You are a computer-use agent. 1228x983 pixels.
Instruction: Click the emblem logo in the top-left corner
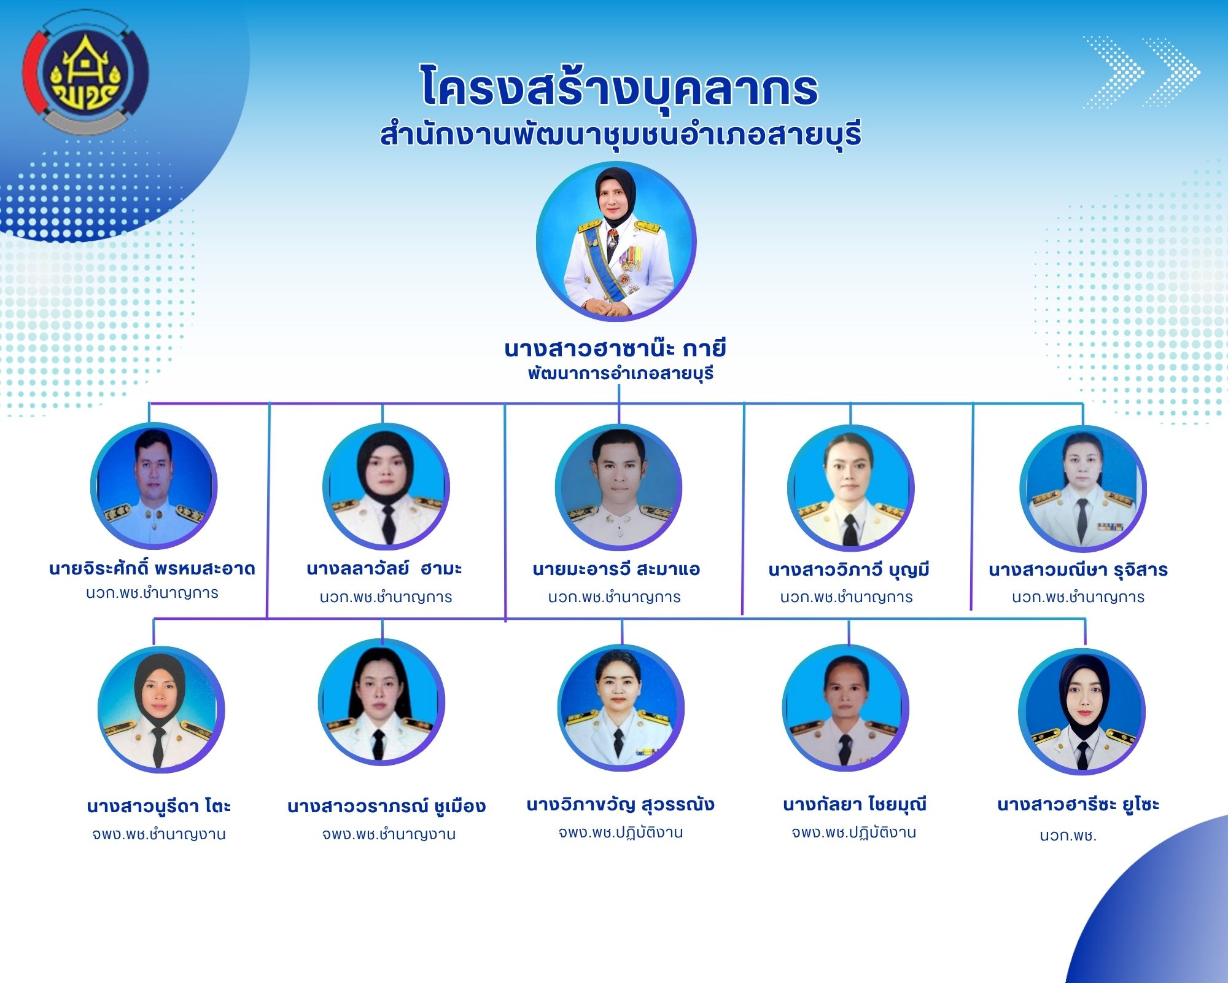pos(85,72)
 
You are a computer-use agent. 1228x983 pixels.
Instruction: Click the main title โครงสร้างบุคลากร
pos(620,87)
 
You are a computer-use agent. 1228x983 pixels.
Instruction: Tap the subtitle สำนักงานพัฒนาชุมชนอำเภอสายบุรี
pos(620,135)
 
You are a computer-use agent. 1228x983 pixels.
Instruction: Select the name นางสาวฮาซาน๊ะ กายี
pos(615,348)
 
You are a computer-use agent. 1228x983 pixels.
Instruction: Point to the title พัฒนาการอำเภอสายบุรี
pos(621,373)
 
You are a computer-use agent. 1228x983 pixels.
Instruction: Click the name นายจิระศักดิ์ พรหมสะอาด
pos(152,568)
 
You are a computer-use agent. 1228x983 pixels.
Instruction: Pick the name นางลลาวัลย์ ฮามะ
pos(384,568)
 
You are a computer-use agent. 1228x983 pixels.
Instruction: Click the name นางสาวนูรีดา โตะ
pos(158,806)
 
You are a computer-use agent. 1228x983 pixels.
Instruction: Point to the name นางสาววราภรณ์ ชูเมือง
pos(387,806)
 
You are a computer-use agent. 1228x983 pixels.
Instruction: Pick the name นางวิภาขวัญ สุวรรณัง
pos(621,804)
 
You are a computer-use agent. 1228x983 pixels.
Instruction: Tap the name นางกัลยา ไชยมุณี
pos(855,804)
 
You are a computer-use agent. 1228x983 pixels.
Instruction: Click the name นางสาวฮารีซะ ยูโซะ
pos(1078,804)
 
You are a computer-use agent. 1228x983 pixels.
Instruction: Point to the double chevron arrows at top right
pos(1142,72)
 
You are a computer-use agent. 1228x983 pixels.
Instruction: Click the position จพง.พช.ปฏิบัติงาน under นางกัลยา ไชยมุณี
pos(854,832)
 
